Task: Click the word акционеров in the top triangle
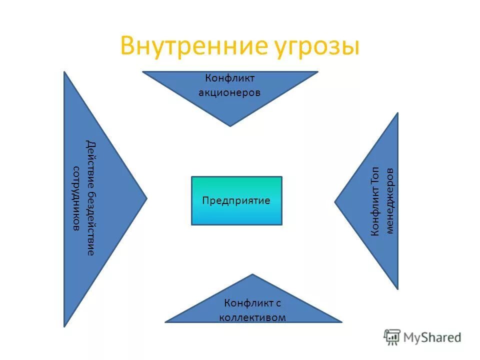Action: [x=230, y=92]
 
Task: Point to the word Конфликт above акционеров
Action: [x=230, y=78]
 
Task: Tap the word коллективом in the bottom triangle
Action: [x=253, y=317]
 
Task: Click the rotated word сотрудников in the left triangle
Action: [x=76, y=198]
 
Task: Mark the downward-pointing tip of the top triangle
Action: [x=230, y=125]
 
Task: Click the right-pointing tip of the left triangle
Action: [x=146, y=197]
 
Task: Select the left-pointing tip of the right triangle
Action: [x=335, y=201]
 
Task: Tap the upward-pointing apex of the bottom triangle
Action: [x=253, y=274]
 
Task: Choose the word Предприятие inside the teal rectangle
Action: [x=236, y=200]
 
